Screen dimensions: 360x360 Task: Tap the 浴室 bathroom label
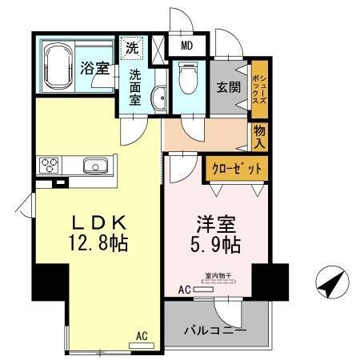pos(94,69)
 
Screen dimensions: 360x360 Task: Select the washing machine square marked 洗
pos(131,47)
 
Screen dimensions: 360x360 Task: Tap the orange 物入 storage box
pos(259,137)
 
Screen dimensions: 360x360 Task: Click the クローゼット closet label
pos(237,169)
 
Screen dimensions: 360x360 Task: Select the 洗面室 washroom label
pos(135,86)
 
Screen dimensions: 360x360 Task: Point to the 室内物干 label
pos(218,276)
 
